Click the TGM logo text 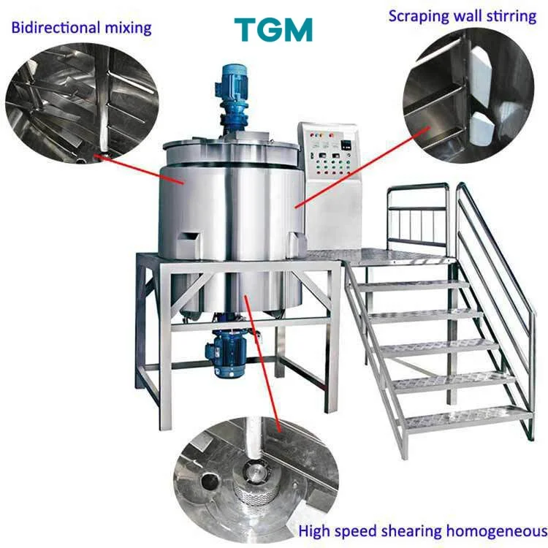[273, 28]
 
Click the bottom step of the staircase [468, 417]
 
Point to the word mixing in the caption [131, 28]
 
